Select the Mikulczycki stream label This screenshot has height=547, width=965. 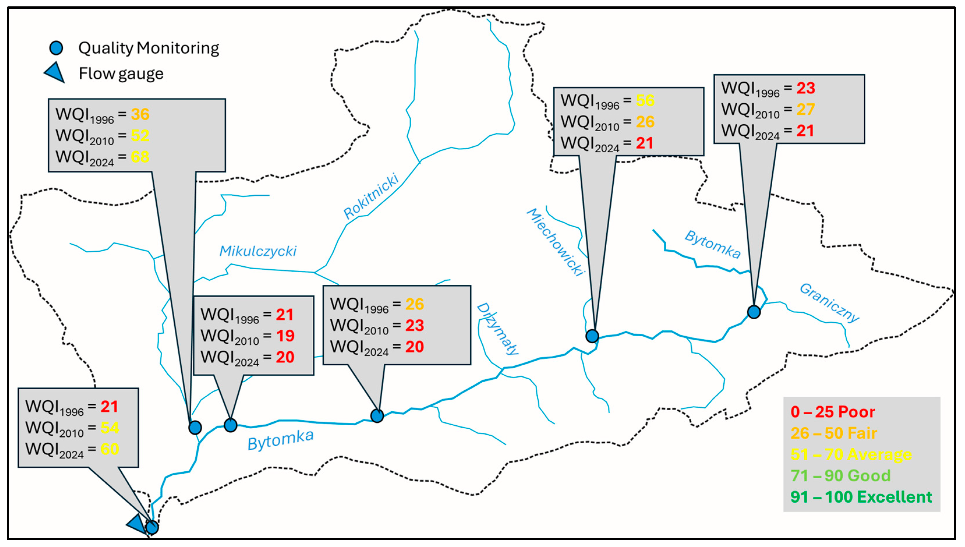(258, 251)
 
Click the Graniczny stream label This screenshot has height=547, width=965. (829, 302)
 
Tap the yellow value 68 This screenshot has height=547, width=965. (140, 157)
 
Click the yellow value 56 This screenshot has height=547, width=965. (645, 101)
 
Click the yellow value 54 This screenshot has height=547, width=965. (110, 428)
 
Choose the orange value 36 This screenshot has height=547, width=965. (140, 114)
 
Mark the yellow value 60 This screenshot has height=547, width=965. (110, 449)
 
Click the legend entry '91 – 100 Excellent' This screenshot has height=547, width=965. (861, 497)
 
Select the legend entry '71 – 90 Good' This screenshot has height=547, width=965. (840, 476)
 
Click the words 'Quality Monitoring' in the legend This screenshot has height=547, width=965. (148, 48)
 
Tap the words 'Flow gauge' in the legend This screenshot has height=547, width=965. (121, 74)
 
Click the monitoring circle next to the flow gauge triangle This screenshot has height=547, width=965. (152, 527)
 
